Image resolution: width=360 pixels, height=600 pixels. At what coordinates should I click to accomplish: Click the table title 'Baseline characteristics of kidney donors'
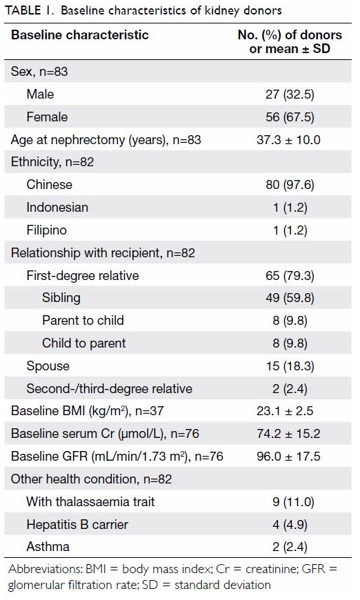pyautogui.click(x=171, y=10)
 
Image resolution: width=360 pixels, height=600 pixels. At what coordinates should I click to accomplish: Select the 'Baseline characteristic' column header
pyautogui.click(x=79, y=34)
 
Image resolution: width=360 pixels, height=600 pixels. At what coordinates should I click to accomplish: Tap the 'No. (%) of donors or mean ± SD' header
pyautogui.click(x=290, y=41)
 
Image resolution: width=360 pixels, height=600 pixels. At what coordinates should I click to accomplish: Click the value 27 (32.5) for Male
pyautogui.click(x=290, y=94)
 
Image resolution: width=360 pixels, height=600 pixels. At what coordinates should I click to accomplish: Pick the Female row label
pyautogui.click(x=47, y=117)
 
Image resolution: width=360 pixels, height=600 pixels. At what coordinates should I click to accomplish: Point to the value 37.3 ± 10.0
pyautogui.click(x=288, y=140)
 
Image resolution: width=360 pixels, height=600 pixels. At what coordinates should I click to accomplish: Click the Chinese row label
pyautogui.click(x=50, y=184)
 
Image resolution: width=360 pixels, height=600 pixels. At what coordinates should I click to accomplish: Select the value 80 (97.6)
pyautogui.click(x=290, y=185)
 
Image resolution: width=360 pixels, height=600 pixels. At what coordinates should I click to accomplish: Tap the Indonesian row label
pyautogui.click(x=57, y=208)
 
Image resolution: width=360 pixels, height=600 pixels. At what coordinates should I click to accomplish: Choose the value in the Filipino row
pyautogui.click(x=290, y=230)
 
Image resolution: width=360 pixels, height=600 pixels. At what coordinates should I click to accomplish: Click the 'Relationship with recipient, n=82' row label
pyautogui.click(x=103, y=253)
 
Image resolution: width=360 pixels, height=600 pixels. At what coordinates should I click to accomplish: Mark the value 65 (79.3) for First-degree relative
pyautogui.click(x=290, y=275)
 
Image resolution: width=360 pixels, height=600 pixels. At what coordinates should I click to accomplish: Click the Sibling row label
pyautogui.click(x=61, y=298)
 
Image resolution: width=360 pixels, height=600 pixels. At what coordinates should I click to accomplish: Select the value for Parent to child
pyautogui.click(x=290, y=321)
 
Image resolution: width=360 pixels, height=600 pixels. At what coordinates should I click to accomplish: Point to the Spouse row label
pyautogui.click(x=48, y=366)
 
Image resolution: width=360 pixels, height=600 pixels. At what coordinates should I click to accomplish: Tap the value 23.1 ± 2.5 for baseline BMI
pyautogui.click(x=285, y=411)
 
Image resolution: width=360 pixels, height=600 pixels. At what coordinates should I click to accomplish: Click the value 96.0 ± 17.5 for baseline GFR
pyautogui.click(x=288, y=456)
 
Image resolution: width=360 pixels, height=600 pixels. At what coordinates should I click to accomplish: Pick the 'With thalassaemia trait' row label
pyautogui.click(x=90, y=501)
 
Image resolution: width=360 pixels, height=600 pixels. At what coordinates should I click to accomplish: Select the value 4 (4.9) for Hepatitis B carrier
pyautogui.click(x=290, y=524)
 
